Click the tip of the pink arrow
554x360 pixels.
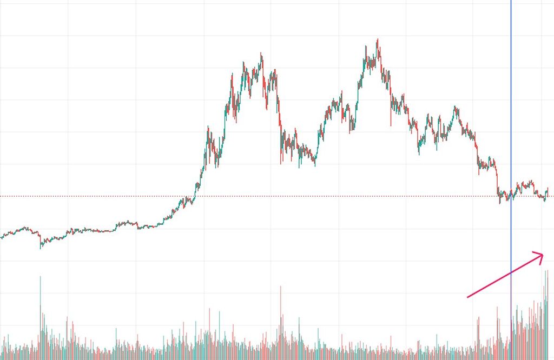pos(543,255)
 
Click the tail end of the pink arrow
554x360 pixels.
pos(467,297)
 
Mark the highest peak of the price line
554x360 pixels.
pos(377,39)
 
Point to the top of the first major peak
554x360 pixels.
pos(261,54)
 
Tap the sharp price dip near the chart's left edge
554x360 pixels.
pos(40,248)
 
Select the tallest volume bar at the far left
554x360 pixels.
pos(40,277)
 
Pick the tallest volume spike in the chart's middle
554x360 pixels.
pos(280,286)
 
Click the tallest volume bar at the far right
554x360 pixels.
pos(547,270)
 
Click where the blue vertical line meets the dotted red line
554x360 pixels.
pos(511,196)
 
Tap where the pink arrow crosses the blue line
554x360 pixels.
pos(511,272)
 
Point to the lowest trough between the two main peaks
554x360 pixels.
pos(315,165)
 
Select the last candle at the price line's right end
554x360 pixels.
pos(548,190)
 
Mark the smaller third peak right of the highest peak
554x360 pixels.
pos(455,107)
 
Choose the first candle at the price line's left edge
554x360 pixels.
pos(2,237)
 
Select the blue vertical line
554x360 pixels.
pos(511,108)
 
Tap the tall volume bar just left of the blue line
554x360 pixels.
pos(497,306)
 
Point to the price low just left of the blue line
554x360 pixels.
pos(500,203)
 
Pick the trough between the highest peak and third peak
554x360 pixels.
pos(419,154)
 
